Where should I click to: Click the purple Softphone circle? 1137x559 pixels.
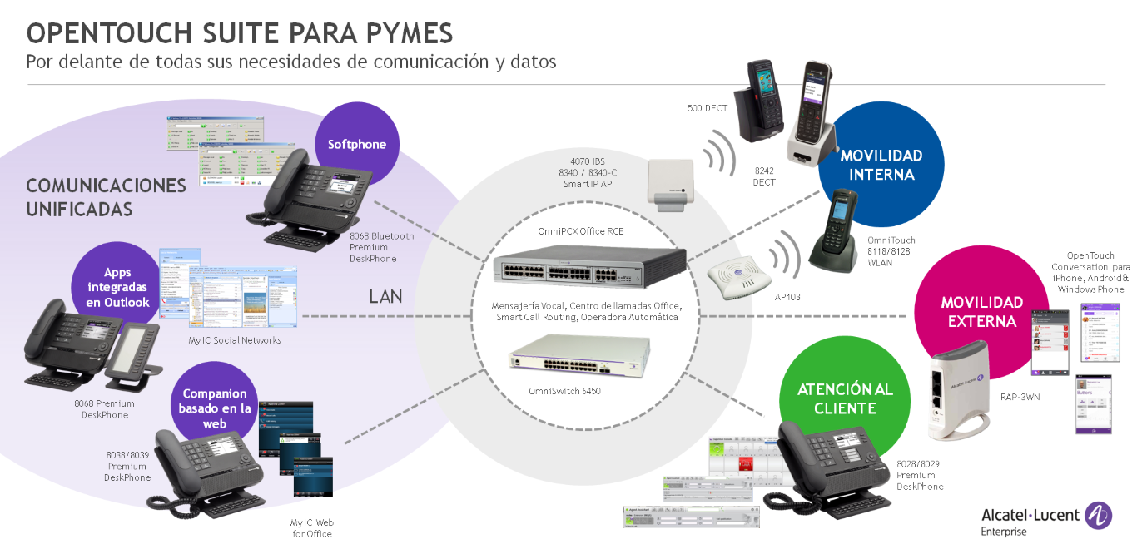coord(357,144)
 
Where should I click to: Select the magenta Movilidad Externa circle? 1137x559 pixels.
coord(982,312)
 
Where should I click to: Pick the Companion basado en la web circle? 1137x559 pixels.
coord(214,408)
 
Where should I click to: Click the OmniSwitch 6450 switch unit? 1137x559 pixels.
coord(579,356)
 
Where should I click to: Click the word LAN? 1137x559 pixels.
coord(386,296)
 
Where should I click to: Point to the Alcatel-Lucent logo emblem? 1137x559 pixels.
coord(1100,516)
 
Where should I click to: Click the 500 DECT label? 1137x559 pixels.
coord(708,108)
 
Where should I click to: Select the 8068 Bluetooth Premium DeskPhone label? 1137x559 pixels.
coord(381,247)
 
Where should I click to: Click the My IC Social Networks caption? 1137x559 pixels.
coord(235,340)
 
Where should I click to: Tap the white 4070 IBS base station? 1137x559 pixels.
coord(670,192)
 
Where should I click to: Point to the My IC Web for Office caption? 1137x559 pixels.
coord(311,527)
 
